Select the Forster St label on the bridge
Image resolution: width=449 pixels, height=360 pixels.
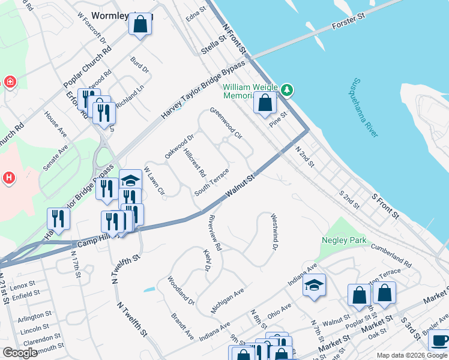pos(349,27)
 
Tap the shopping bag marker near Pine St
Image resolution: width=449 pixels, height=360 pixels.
pos(265,103)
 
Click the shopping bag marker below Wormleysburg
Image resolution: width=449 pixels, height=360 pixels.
pos(140,25)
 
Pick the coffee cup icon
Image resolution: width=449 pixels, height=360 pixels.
pos(439,341)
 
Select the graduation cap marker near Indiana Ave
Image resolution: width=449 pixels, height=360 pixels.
pos(314,284)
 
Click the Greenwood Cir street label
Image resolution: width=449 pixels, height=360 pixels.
pos(226,123)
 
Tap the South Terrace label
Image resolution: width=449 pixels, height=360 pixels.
pos(212,182)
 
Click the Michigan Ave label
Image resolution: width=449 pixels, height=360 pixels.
pos(228,301)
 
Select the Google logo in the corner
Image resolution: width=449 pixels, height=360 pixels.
pos(20,353)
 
